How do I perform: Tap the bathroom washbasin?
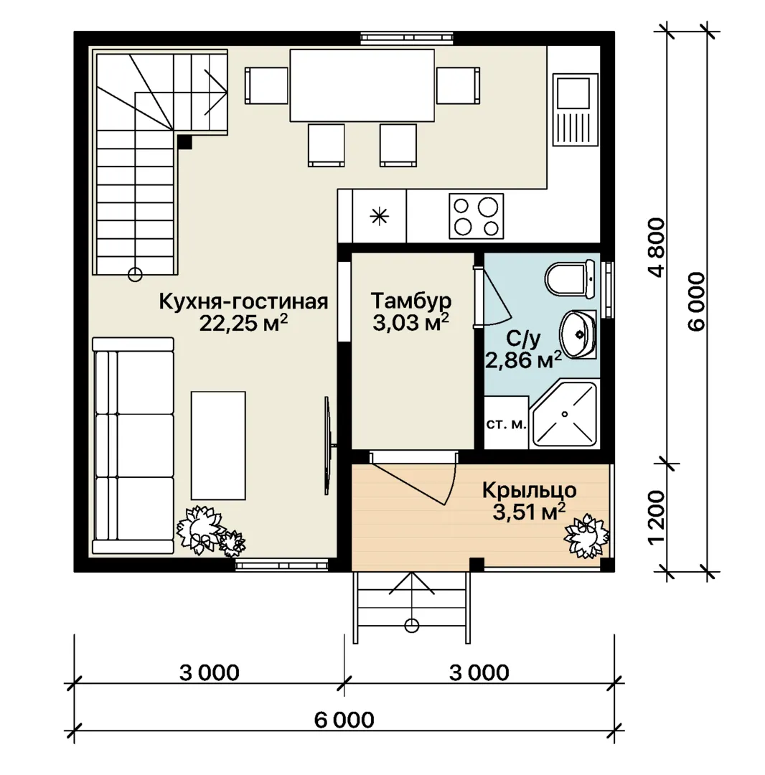pos(577,334)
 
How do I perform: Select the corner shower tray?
pos(564,414)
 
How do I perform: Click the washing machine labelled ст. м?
pos(506,423)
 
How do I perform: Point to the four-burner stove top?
pos(476,216)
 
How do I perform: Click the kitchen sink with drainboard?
pos(575,110)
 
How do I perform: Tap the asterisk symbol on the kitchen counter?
pos(379,216)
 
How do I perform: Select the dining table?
pos(362,85)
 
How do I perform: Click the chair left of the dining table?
pos(266,85)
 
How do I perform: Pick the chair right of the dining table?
pos(458,85)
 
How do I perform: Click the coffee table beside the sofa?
pos(218,446)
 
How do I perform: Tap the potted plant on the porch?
pos(586,536)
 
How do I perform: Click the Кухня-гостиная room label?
pos(243,301)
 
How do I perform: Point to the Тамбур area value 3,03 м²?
pos(410,322)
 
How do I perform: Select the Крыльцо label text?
pos(530,490)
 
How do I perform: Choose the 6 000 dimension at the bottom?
pos(344,720)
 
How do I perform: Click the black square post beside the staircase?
pos(184,142)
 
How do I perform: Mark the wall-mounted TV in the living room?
pos(328,446)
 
